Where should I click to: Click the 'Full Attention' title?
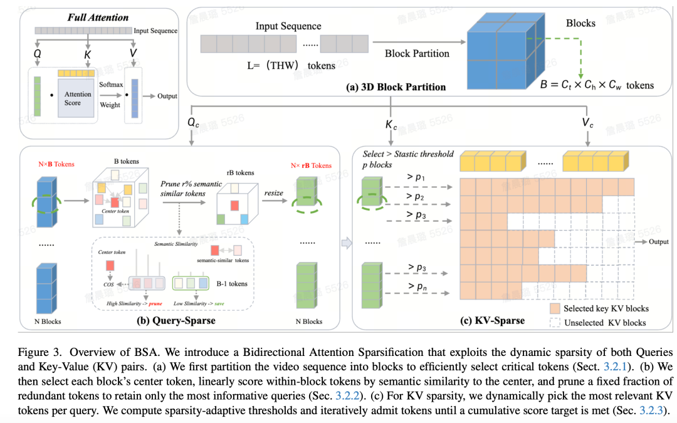tap(98, 18)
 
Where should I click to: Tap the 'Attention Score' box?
tap(78, 98)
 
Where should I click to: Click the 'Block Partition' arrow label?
tap(417, 54)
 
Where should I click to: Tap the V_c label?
tap(587, 123)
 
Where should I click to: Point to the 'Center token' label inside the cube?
tap(115, 212)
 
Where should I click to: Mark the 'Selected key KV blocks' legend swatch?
tap(555, 308)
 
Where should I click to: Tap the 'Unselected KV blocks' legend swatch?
tap(555, 322)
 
